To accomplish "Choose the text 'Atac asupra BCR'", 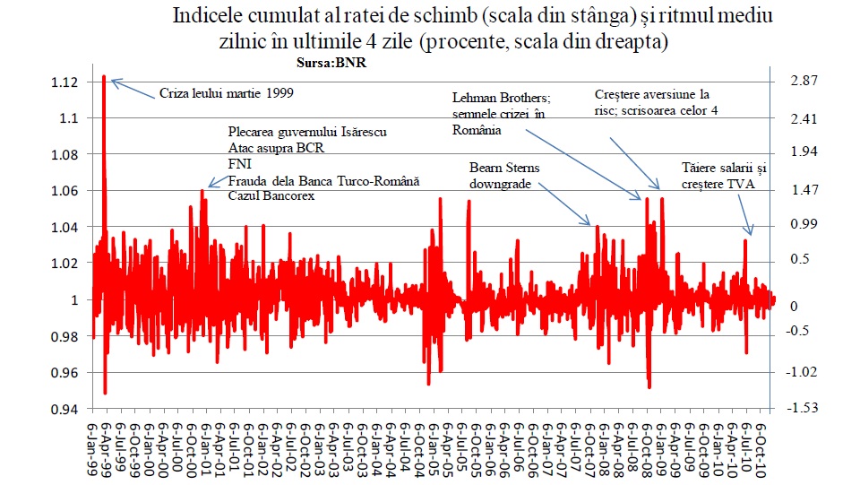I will tap(276, 148).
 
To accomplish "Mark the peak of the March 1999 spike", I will tap(104, 77).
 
